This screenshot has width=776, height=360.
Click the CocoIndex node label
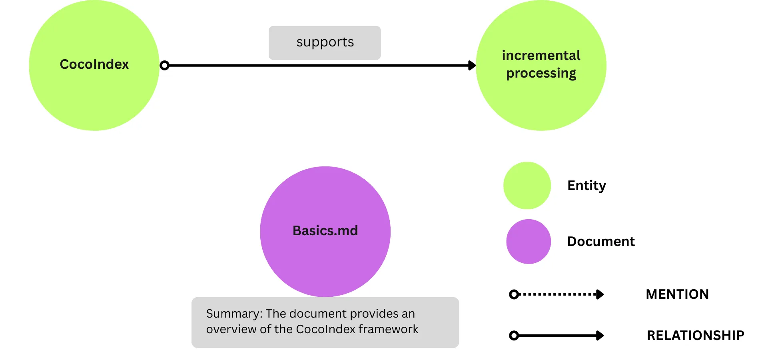pyautogui.click(x=94, y=64)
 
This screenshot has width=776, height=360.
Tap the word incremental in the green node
pyautogui.click(x=541, y=55)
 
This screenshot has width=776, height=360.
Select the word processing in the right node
pyautogui.click(x=541, y=74)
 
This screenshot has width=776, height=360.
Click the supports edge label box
pyautogui.click(x=325, y=43)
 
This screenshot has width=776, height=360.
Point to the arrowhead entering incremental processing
pyautogui.click(x=472, y=65)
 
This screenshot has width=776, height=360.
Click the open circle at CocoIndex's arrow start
pyautogui.click(x=164, y=65)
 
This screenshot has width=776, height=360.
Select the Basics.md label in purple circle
pyautogui.click(x=325, y=231)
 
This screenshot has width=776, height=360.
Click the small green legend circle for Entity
pyautogui.click(x=527, y=186)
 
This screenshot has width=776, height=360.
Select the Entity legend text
pyautogui.click(x=586, y=186)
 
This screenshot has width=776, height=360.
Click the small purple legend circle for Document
pyautogui.click(x=528, y=242)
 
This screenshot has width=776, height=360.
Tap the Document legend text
pyautogui.click(x=600, y=242)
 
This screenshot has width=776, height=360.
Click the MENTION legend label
pyautogui.click(x=677, y=294)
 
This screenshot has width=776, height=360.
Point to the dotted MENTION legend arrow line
pyautogui.click(x=558, y=294)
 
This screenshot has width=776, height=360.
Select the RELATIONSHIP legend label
pyautogui.click(x=695, y=335)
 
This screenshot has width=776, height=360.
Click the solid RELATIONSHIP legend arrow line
pyautogui.click(x=558, y=335)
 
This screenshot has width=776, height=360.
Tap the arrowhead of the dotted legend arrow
pyautogui.click(x=600, y=294)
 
